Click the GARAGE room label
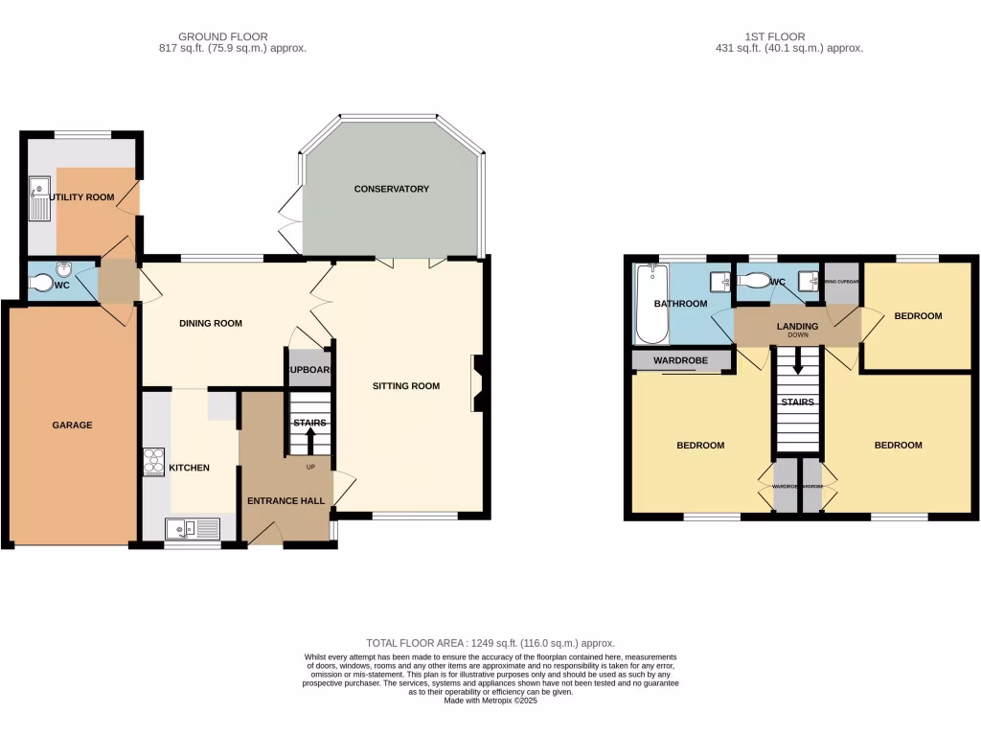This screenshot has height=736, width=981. [x=72, y=425]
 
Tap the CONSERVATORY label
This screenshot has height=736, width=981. [x=391, y=189]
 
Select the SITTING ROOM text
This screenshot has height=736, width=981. [x=406, y=386]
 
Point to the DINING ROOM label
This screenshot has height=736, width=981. [x=211, y=323]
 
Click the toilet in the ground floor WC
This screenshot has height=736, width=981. [x=43, y=283]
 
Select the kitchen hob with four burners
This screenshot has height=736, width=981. [x=153, y=463]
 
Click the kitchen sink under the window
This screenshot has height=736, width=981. [x=192, y=528]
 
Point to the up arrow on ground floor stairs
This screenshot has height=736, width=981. [x=310, y=441]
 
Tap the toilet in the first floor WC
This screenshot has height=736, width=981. [x=754, y=282]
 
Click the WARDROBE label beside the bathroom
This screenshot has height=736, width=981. [x=680, y=360]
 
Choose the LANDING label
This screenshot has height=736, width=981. [x=797, y=327]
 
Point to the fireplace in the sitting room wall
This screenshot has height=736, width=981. [x=476, y=383]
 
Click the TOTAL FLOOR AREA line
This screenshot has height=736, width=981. [x=490, y=643]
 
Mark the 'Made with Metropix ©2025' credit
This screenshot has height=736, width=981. [x=490, y=701]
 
